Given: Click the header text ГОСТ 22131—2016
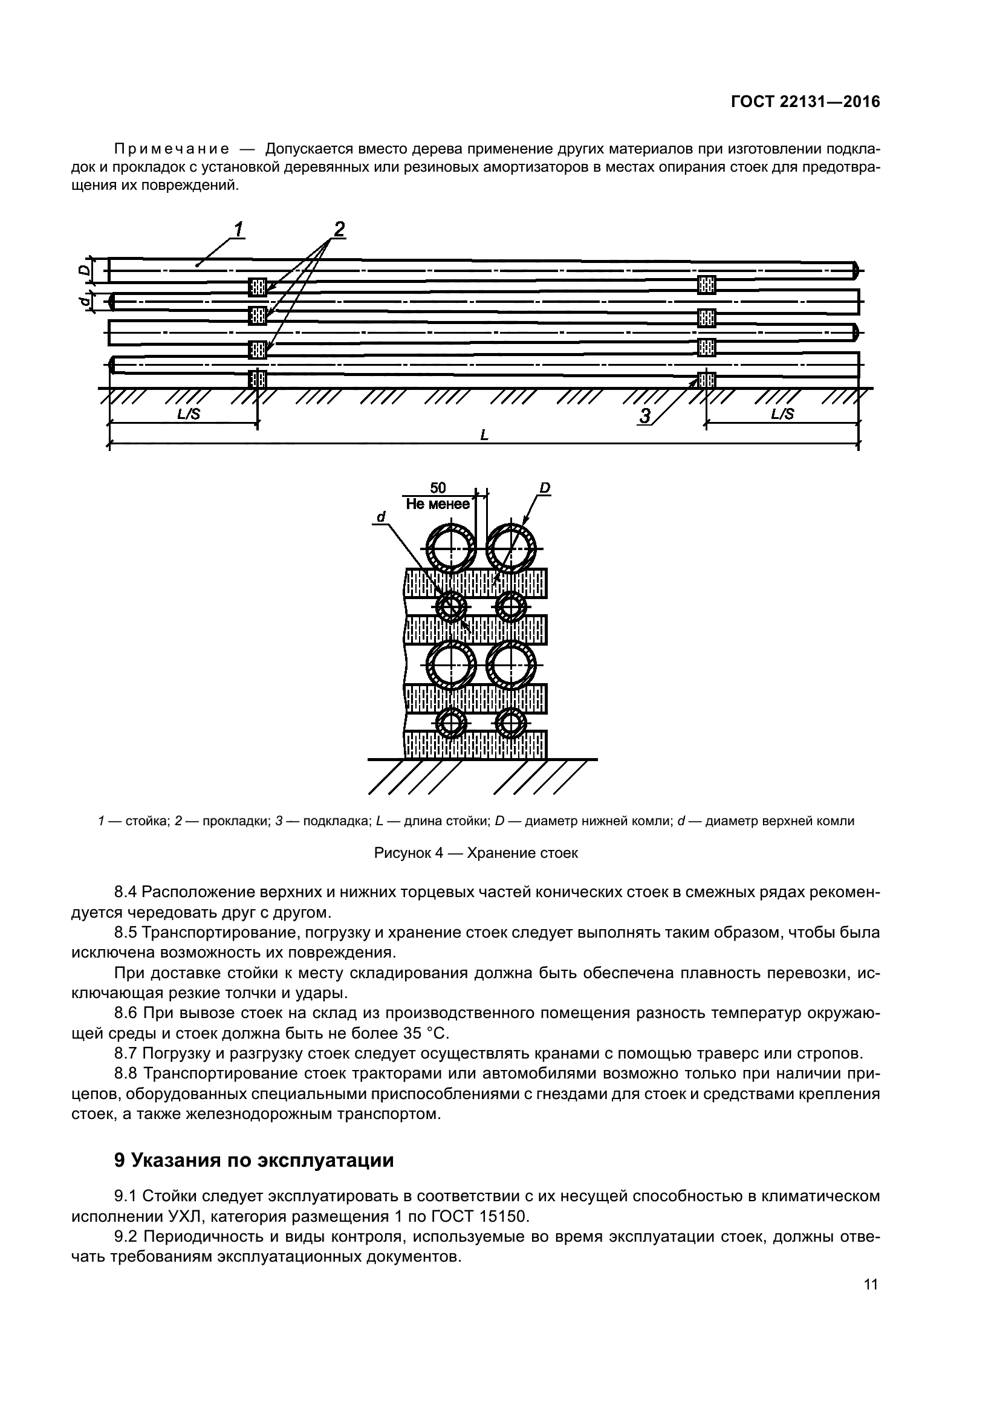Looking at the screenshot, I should pos(805,102).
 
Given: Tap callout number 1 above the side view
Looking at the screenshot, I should pos(238,230).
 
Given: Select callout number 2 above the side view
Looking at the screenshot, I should pos(338,230).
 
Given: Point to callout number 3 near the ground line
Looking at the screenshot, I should pos(644,417).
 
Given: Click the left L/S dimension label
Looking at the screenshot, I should pos(189,414).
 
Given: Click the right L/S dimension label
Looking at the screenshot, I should pos(782,414).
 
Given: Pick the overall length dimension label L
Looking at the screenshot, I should pos(484,435).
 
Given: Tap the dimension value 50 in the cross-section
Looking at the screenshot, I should pos(438,488).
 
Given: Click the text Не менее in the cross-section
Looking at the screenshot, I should pos(438,504).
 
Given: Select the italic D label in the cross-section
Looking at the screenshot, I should pos(544,488).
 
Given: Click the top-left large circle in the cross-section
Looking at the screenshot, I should pos(452,549).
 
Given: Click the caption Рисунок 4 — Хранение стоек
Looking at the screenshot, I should pos(476,854).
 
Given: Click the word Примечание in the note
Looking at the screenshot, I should pos(172,150).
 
